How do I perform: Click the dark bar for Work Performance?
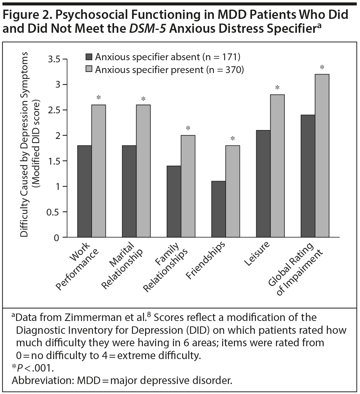pos(84,191)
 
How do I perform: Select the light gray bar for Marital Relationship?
pos(143,171)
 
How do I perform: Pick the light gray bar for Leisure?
pos(277,166)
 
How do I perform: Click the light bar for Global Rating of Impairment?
pos(322,156)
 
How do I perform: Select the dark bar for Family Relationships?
pos(174,201)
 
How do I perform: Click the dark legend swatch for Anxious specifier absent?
pos(89,57)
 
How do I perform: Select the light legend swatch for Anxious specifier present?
pos(89,70)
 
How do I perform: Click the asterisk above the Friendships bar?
pos(232,139)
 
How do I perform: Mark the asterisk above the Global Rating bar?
pos(322,67)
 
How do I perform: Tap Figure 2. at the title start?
pos(27,16)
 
